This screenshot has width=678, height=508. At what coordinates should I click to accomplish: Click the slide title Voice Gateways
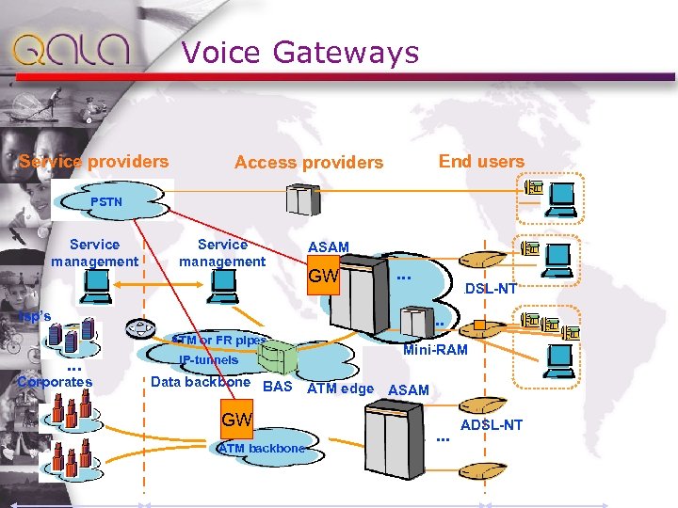pos(299,52)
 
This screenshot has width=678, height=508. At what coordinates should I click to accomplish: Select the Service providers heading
pos(94,162)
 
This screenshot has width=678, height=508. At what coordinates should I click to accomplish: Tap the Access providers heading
pos(309,163)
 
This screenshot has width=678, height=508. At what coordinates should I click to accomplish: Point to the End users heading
pos(481,162)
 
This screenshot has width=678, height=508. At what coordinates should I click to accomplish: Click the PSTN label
pos(106,202)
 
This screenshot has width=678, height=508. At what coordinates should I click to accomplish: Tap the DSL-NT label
pos(491,289)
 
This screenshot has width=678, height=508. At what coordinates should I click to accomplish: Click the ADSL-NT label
pos(491,425)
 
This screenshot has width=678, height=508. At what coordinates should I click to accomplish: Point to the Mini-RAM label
pos(435,350)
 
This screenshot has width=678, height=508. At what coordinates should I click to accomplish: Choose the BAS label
pos(278,387)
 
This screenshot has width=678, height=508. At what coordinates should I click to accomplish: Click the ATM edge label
pos(341,389)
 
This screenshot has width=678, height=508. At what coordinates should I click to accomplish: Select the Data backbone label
pos(201,382)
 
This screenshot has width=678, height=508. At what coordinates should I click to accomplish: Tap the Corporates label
pos(55,382)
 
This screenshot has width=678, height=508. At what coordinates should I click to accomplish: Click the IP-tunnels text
pos(209,360)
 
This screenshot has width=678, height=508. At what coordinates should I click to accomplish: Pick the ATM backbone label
pos(262,449)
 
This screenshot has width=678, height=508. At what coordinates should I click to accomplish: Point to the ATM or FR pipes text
pos(218,339)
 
